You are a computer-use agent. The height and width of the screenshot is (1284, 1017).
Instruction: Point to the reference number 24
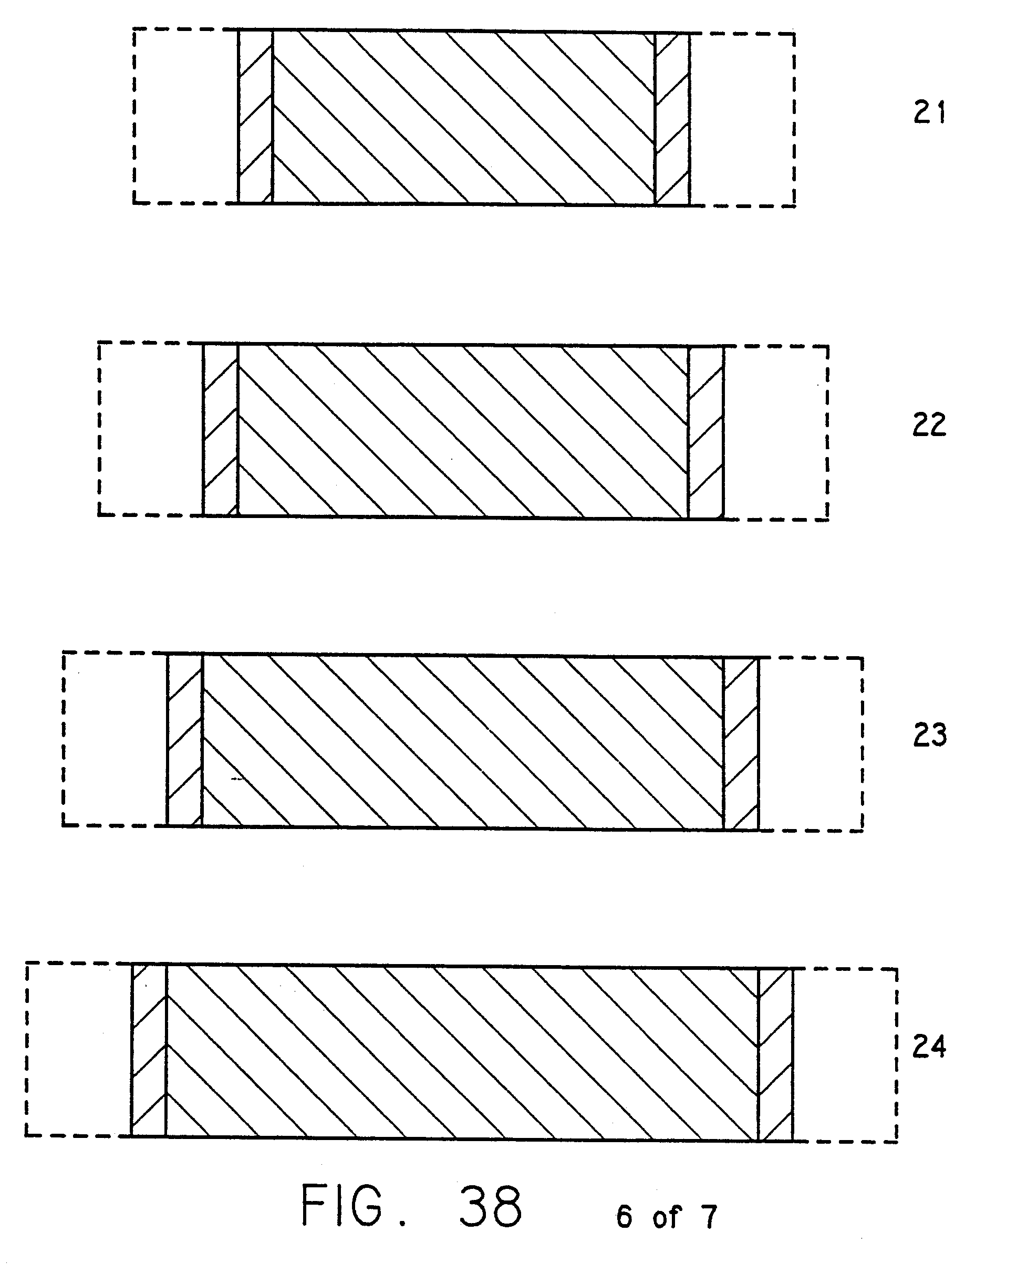pyautogui.click(x=929, y=1047)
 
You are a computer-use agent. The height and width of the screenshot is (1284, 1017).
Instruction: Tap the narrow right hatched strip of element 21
pyautogui.click(x=672, y=119)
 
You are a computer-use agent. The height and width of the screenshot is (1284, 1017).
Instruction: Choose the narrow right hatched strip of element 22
pyautogui.click(x=706, y=432)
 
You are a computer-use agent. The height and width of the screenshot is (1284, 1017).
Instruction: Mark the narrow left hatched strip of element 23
pyautogui.click(x=184, y=740)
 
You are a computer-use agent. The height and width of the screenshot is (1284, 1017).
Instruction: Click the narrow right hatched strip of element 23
pyautogui.click(x=741, y=743)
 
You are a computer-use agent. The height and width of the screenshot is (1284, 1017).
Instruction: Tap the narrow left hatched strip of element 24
pyautogui.click(x=148, y=1051)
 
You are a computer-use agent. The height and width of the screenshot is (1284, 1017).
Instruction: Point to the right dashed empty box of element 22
pyautogui.click(x=776, y=432)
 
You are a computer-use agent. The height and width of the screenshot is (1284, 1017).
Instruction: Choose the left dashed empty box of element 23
pyautogui.click(x=115, y=739)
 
